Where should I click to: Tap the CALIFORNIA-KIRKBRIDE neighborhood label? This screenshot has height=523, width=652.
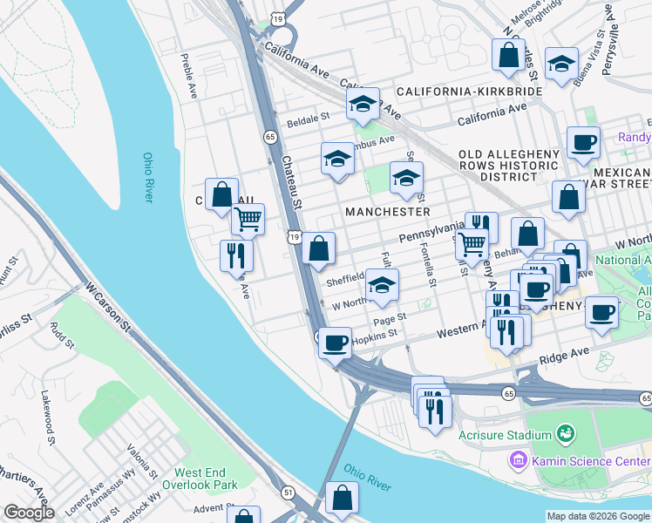tap(470, 92)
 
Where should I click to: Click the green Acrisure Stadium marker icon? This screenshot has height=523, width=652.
tap(565, 433)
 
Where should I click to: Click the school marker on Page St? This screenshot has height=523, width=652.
tap(382, 284)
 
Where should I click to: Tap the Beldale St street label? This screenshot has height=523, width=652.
tap(308, 116)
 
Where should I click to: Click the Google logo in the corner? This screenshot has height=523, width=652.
tap(29, 513)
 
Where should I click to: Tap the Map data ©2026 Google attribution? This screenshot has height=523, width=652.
tap(597, 516)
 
